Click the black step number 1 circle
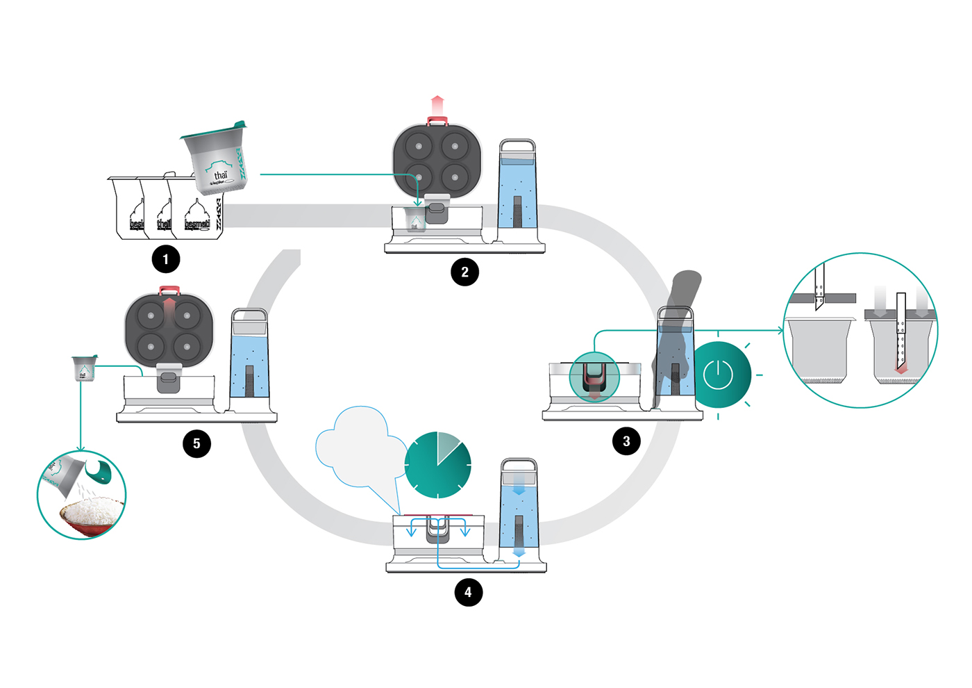coord(166,259)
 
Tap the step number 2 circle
coord(464,272)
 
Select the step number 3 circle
coord(626,441)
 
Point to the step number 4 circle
coord(468,592)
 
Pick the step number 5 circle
coord(196,443)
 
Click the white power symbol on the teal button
coord(718,375)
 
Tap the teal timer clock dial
coord(437,465)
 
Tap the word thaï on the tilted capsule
coord(220,176)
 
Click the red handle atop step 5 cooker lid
coord(169,290)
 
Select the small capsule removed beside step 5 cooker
coord(84,368)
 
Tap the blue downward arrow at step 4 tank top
coord(519,489)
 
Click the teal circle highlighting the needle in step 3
coord(594,378)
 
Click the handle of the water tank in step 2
coord(518,146)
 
